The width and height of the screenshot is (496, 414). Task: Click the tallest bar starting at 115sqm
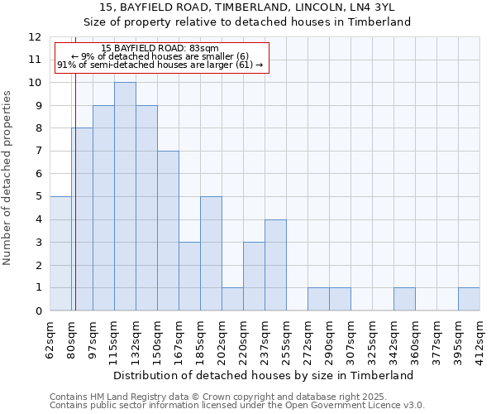click(x=125, y=196)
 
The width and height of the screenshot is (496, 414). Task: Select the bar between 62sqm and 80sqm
click(x=60, y=253)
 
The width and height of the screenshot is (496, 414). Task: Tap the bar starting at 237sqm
click(x=275, y=265)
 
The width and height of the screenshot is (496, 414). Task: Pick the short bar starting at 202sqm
click(x=232, y=299)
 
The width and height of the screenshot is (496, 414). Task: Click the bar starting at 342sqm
click(x=404, y=299)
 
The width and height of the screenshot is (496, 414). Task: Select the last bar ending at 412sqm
click(x=469, y=299)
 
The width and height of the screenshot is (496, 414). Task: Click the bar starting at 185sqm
click(x=211, y=253)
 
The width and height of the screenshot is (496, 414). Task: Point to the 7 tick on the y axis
click(x=38, y=152)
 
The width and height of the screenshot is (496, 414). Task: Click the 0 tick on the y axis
click(x=38, y=311)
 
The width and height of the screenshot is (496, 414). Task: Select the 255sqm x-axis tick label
click(x=286, y=337)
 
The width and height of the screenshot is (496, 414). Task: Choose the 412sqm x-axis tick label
click(x=479, y=337)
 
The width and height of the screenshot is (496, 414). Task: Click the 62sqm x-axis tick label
click(x=50, y=337)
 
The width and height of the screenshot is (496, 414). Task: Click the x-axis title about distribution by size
click(x=264, y=375)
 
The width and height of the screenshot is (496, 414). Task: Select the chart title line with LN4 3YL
click(x=265, y=7)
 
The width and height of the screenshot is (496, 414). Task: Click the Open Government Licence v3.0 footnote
click(x=237, y=406)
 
